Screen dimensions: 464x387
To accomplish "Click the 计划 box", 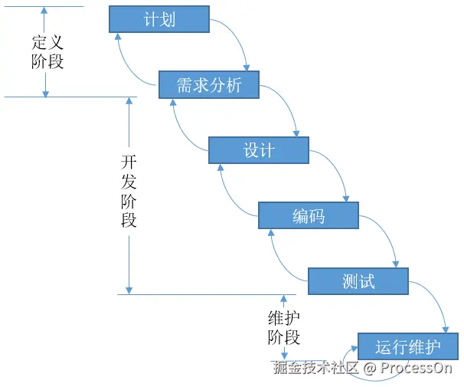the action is click(x=159, y=19).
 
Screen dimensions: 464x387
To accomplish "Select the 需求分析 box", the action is click(x=209, y=85).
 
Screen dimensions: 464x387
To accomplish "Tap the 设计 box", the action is click(x=259, y=150).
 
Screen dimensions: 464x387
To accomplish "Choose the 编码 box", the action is click(x=309, y=215).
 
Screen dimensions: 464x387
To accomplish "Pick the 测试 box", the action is click(x=358, y=281).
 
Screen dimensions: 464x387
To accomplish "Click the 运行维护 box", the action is click(x=408, y=346).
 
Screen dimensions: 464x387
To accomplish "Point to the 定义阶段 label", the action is click(x=47, y=52).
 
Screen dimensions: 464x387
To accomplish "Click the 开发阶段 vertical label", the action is click(x=129, y=192).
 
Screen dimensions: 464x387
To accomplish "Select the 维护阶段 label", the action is click(x=284, y=328).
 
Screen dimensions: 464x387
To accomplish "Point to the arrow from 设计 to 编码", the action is click(x=338, y=168).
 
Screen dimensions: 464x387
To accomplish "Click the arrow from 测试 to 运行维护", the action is click(x=436, y=299).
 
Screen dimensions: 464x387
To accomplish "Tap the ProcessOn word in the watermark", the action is click(x=416, y=368).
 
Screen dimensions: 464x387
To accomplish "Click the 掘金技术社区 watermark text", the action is click(x=315, y=367).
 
